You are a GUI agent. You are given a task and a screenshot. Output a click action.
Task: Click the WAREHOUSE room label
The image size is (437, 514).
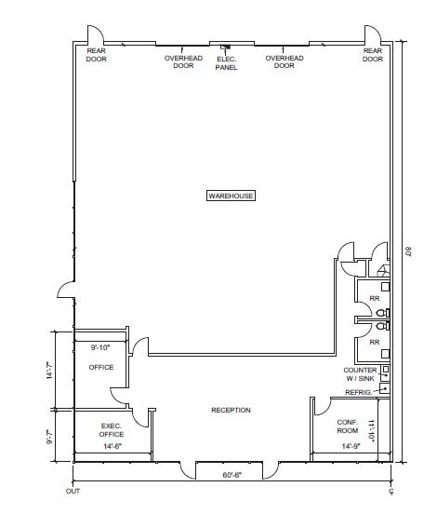click(x=231, y=196)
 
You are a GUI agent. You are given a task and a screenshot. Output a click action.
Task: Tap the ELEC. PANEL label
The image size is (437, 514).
click(x=226, y=62)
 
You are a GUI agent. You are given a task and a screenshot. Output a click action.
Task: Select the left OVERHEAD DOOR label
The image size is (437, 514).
click(x=183, y=61)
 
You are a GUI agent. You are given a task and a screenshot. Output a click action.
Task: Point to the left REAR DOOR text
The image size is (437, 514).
click(x=97, y=55)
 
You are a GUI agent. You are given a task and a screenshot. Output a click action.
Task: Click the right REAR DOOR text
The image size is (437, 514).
click(x=373, y=55)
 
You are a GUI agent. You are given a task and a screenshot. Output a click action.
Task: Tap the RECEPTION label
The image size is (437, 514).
click(x=231, y=411)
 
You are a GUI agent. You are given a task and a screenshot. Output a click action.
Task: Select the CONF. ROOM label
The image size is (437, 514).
click(x=348, y=426)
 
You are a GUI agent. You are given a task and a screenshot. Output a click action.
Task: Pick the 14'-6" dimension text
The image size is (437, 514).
click(x=111, y=447)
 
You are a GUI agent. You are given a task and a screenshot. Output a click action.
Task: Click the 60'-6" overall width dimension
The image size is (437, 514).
click(x=232, y=474)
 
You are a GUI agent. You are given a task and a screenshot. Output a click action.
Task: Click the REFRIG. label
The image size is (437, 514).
click(x=358, y=392)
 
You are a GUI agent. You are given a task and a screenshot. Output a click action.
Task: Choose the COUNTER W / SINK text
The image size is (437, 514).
click(x=360, y=374)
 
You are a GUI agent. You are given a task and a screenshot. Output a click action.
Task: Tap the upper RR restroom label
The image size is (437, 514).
click(x=375, y=299)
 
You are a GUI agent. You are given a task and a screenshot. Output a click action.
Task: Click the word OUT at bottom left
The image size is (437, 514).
click(x=73, y=490)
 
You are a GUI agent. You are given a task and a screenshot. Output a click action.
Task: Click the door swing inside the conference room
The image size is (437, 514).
click(x=322, y=406)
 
